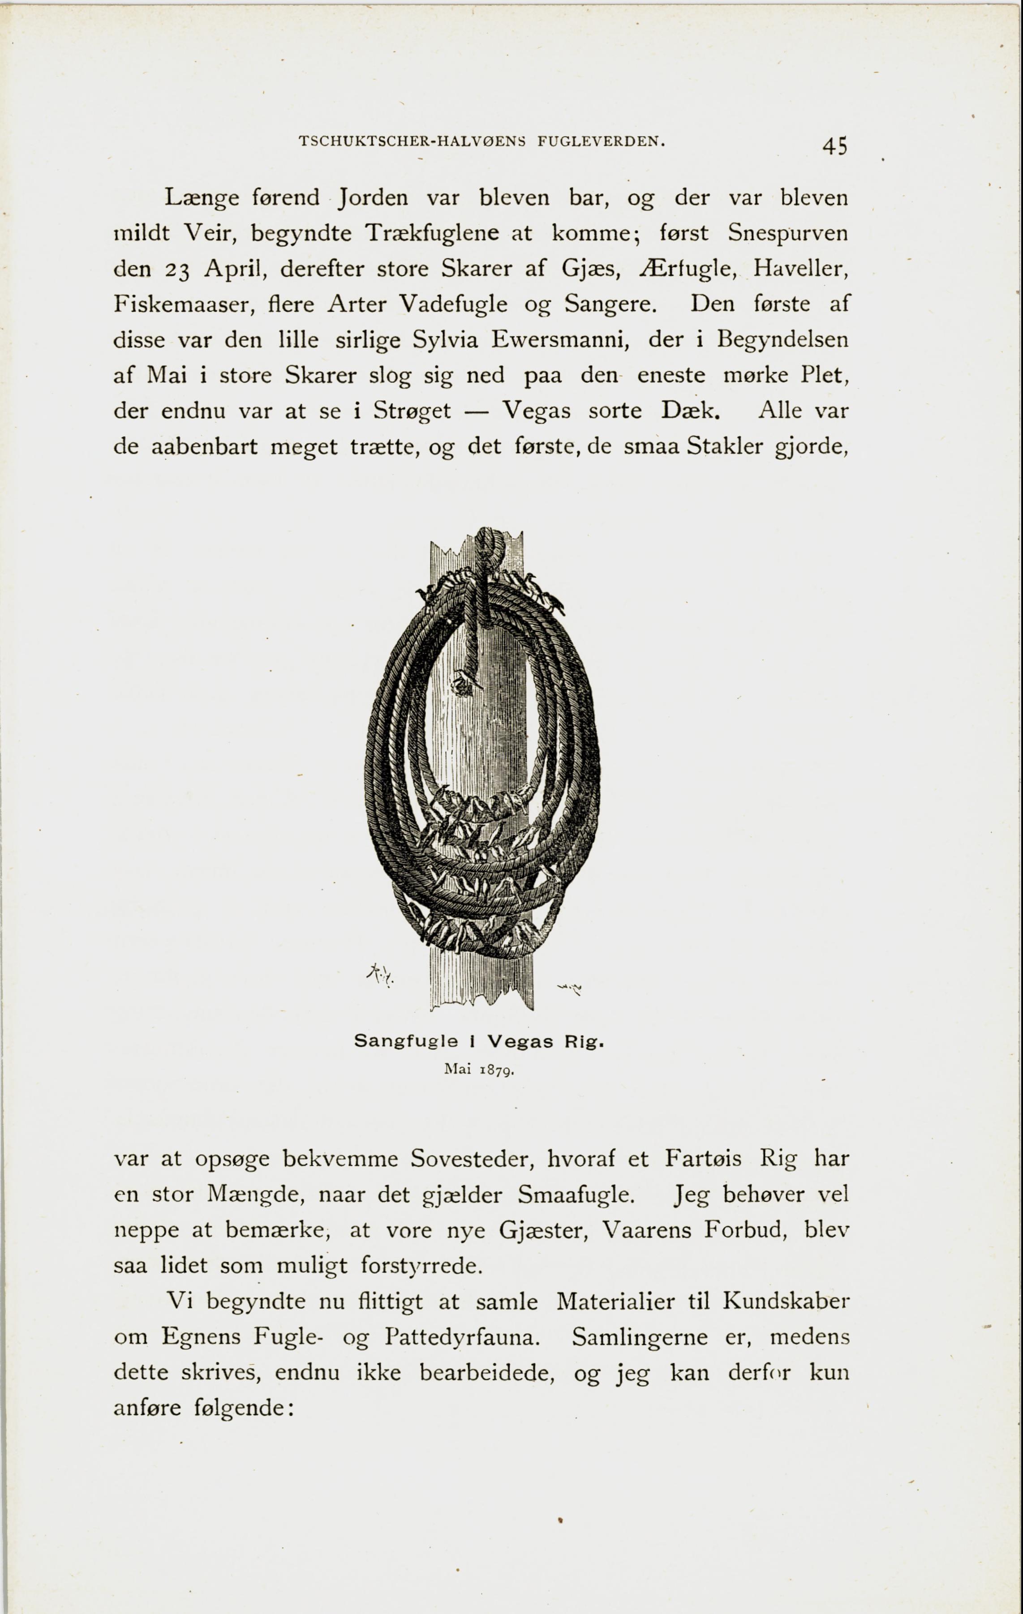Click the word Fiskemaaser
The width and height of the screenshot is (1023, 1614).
[x=180, y=304]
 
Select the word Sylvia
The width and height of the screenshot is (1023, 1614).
[x=445, y=340]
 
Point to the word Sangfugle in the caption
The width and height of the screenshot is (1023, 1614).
[x=406, y=1041]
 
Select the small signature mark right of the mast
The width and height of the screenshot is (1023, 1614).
[x=569, y=987]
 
